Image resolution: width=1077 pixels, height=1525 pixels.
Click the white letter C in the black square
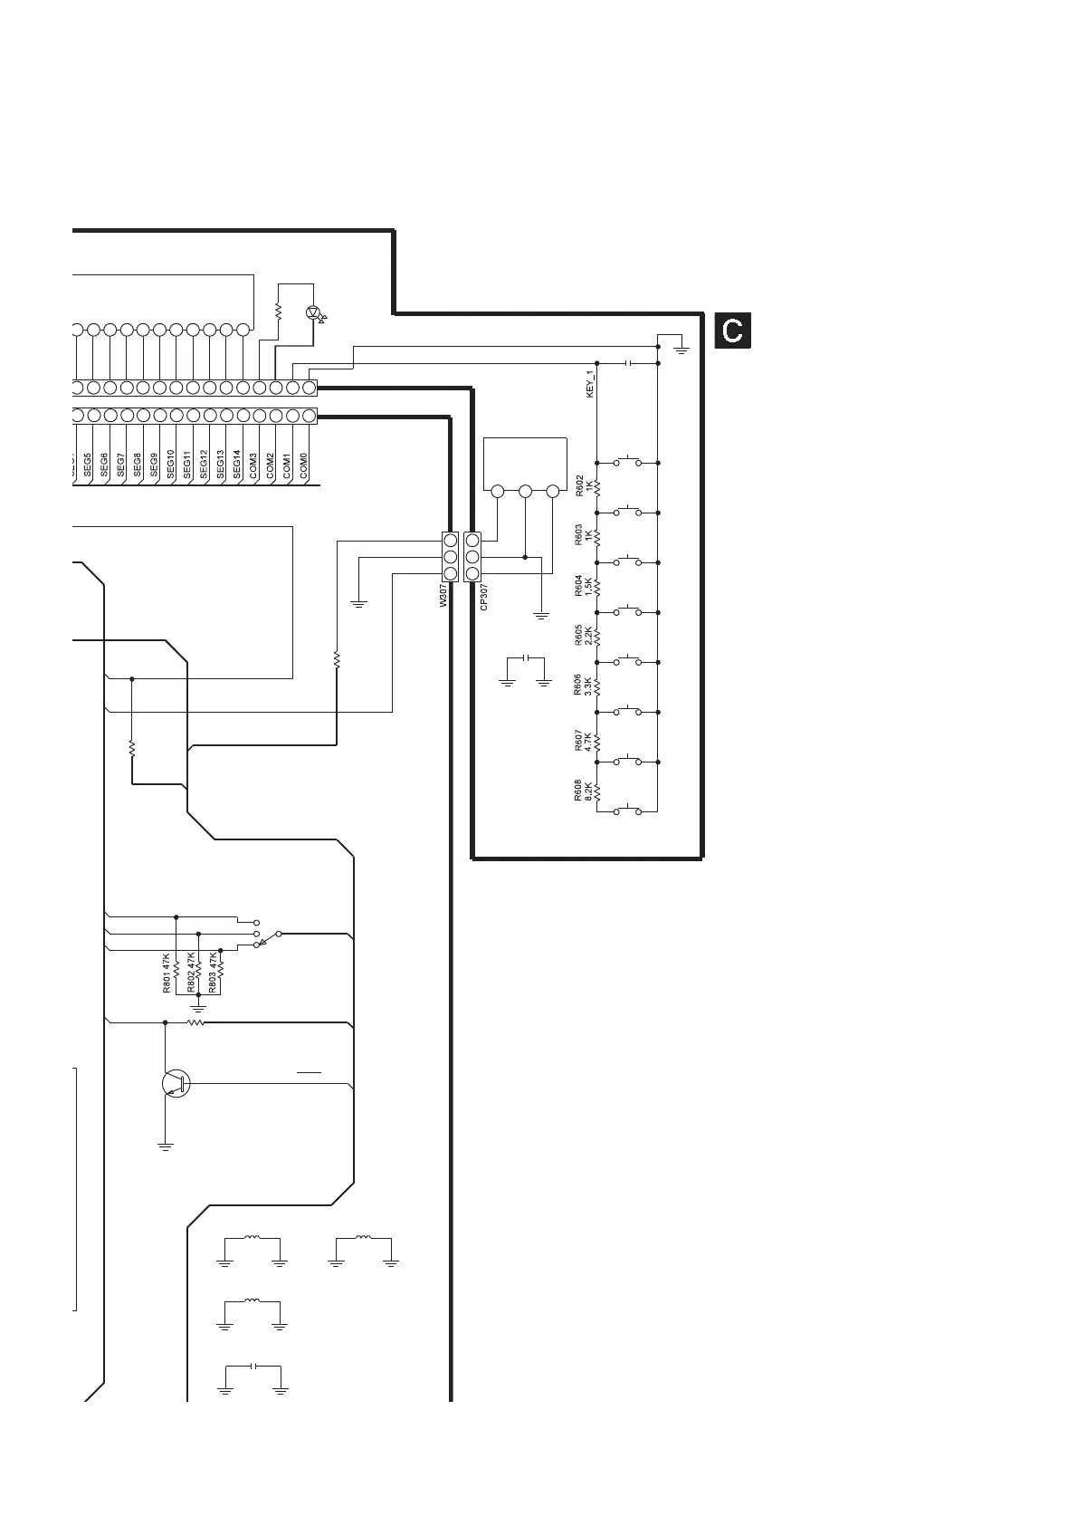(733, 331)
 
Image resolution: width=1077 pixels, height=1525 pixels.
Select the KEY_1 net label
(590, 385)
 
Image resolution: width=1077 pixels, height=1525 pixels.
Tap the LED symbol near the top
(314, 312)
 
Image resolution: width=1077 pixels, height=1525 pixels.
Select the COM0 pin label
(304, 465)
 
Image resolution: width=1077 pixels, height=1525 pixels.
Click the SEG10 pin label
(171, 464)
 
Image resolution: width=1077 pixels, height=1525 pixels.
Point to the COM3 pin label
(254, 465)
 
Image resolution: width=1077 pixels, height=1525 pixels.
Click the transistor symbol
(175, 1083)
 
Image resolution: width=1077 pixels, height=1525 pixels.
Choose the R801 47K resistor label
(167, 974)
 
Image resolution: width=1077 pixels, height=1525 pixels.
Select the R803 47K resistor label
(214, 974)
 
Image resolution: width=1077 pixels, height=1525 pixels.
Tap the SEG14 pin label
(237, 464)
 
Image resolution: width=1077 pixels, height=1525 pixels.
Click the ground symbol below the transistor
(166, 1146)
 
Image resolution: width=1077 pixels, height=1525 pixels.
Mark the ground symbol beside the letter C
(681, 348)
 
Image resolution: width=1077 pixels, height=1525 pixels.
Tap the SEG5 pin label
(88, 465)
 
